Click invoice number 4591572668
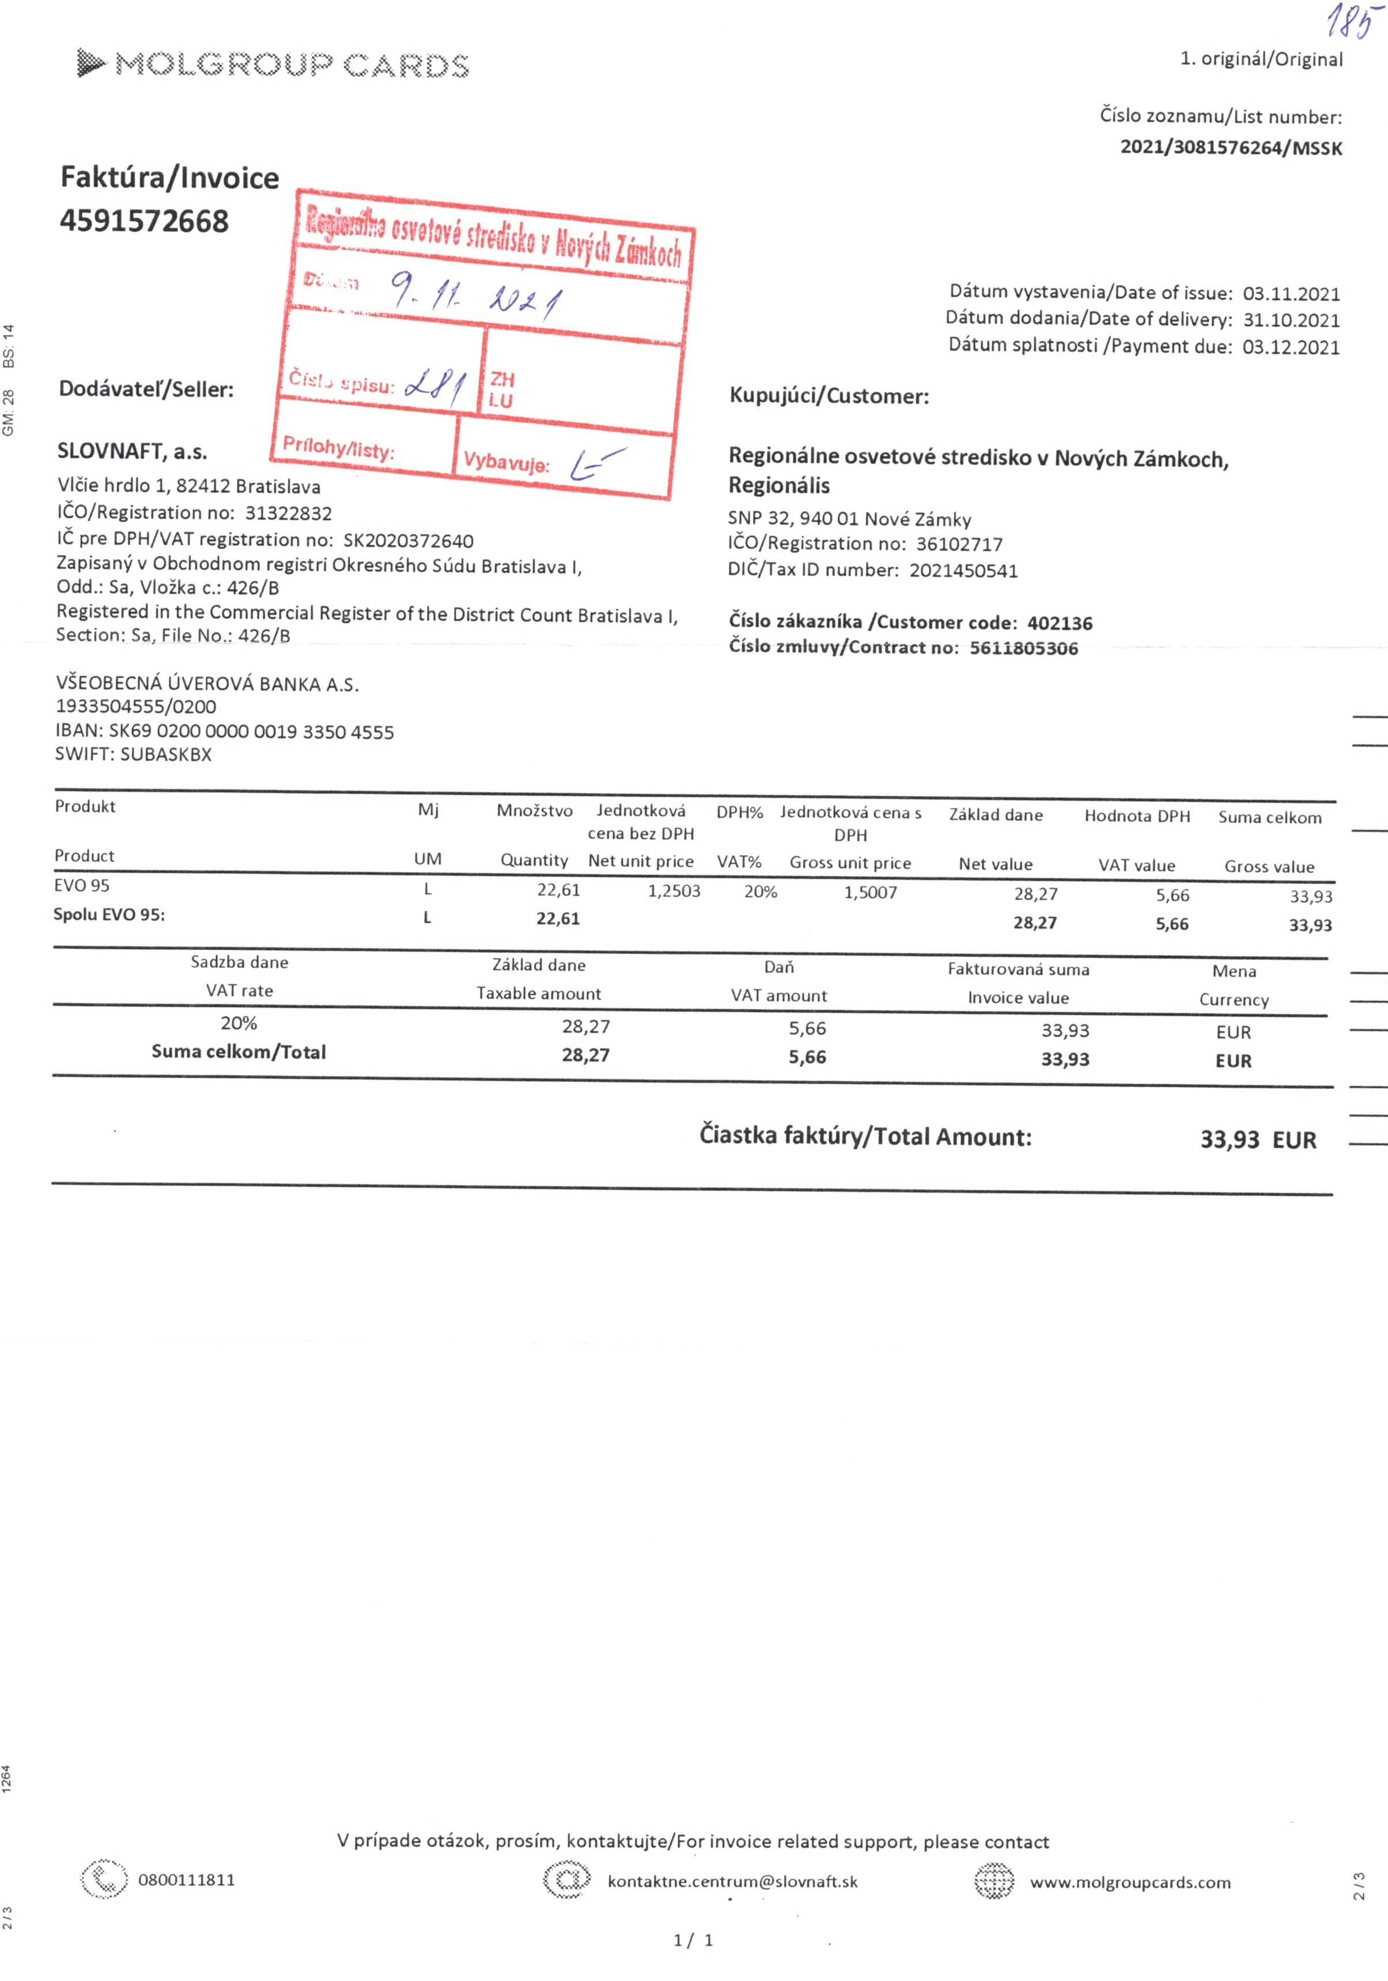click(144, 221)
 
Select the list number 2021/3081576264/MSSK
click(1231, 148)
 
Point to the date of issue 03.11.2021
click(1291, 293)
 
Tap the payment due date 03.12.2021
click(1291, 347)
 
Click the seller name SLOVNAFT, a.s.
click(132, 451)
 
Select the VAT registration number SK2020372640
click(408, 541)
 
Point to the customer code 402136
click(1060, 623)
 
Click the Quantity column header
click(534, 860)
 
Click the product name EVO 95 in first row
click(82, 885)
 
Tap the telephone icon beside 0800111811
click(104, 1878)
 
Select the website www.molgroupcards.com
click(1130, 1882)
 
